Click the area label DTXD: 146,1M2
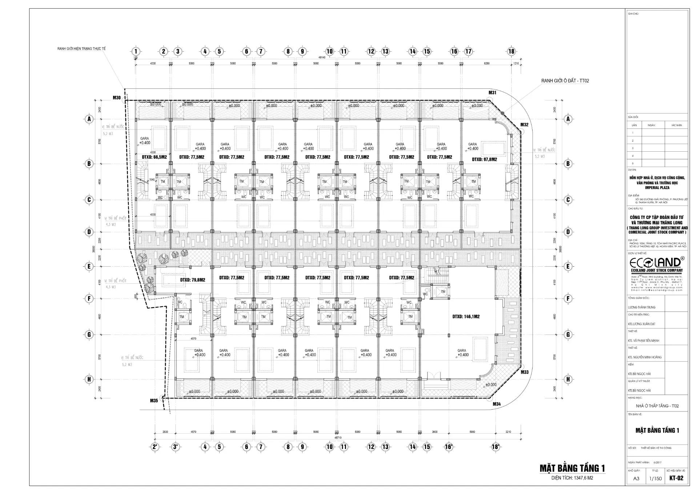click(466, 316)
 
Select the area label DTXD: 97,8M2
click(484, 159)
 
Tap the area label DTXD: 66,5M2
click(155, 157)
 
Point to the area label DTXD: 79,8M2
click(193, 280)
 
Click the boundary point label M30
click(116, 97)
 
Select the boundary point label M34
click(497, 404)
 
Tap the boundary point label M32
click(524, 125)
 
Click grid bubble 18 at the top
click(511, 51)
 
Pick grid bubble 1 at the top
click(136, 51)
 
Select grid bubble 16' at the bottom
click(449, 447)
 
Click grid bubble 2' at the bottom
click(155, 447)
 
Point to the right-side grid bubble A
click(568, 119)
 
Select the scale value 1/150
click(655, 479)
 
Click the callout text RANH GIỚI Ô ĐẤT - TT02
click(565, 81)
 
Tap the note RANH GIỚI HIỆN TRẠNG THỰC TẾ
click(81, 49)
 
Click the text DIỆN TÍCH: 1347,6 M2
click(572, 478)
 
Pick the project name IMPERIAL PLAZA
click(657, 188)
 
